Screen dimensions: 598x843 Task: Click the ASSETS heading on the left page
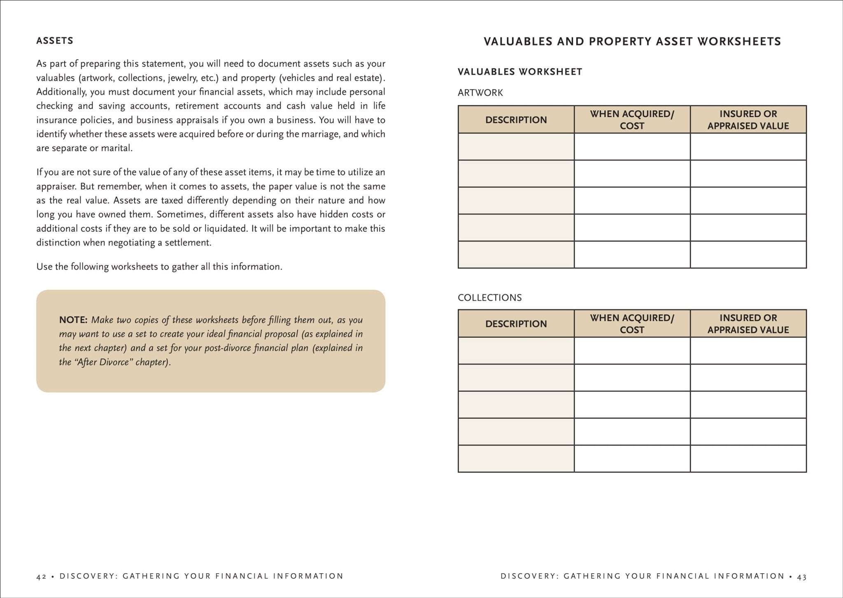(55, 41)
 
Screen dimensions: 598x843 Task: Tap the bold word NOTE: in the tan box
(73, 320)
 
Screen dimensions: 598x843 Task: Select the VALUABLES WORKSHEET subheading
(520, 72)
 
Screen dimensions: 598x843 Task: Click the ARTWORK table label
(480, 93)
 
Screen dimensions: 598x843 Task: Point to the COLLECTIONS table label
(490, 298)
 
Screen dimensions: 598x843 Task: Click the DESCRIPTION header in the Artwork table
(516, 120)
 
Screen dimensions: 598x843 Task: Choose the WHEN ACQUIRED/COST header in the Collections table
(632, 323)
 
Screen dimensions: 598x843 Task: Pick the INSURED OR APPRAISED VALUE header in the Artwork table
(748, 120)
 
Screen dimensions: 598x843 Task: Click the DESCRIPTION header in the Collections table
(516, 323)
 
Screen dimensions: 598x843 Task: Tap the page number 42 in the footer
(41, 576)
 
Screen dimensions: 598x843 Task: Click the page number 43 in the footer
(802, 576)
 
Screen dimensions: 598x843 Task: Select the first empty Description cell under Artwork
(516, 147)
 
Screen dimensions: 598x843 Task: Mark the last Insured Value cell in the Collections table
(748, 458)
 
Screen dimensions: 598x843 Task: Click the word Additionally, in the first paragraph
(61, 92)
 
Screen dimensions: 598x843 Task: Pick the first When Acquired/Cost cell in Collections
(632, 351)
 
